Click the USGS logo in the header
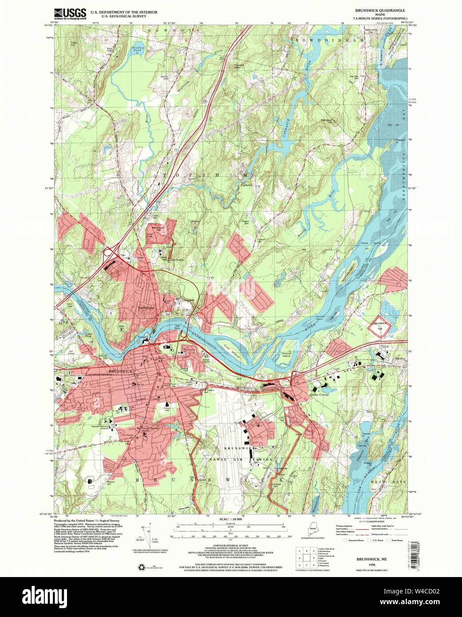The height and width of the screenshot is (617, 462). pyautogui.click(x=70, y=14)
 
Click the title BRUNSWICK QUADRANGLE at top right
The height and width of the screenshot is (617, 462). pyautogui.click(x=379, y=10)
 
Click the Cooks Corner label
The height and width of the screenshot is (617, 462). pyautogui.click(x=319, y=394)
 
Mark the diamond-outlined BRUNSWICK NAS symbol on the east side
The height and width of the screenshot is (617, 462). pyautogui.click(x=379, y=325)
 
